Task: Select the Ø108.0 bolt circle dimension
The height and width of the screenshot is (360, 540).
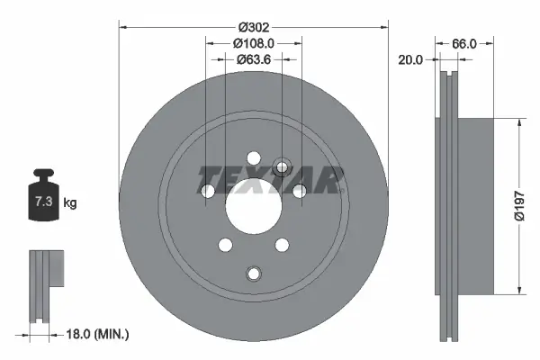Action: (253, 43)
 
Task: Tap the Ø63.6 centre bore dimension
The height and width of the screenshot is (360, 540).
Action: (253, 60)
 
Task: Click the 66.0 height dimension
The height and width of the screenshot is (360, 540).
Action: (463, 43)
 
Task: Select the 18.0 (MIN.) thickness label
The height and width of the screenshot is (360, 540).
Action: (99, 334)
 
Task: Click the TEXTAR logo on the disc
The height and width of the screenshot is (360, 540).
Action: (270, 180)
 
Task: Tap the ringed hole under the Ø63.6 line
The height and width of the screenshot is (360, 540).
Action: (282, 166)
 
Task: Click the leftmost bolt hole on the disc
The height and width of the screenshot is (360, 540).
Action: (209, 191)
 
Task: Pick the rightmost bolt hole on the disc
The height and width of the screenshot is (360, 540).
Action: (297, 191)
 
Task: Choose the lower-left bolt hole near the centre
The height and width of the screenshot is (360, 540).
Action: (225, 244)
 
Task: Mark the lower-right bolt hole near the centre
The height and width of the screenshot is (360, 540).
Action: (281, 244)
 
